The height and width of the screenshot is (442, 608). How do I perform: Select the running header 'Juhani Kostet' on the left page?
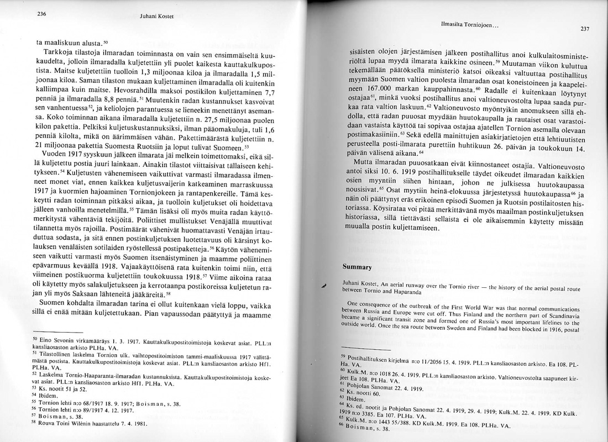click(x=157, y=16)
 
